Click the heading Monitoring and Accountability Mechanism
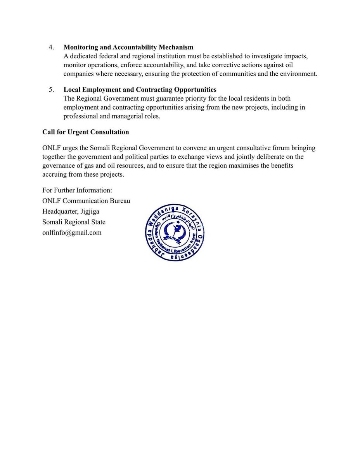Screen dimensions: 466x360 coord(128,47)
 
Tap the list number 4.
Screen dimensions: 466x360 coord(51,47)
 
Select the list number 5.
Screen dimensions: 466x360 coord(51,90)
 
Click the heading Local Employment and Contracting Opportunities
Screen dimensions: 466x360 coord(140,90)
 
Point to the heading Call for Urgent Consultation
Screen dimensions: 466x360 coord(85,132)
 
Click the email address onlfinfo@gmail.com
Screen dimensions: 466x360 coord(72,233)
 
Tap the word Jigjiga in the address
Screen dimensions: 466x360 coord(90,212)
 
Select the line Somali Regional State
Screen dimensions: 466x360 coord(74,222)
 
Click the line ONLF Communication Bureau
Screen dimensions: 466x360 coord(86,201)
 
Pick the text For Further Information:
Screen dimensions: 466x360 coord(77,190)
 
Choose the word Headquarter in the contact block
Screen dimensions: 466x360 coord(60,212)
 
